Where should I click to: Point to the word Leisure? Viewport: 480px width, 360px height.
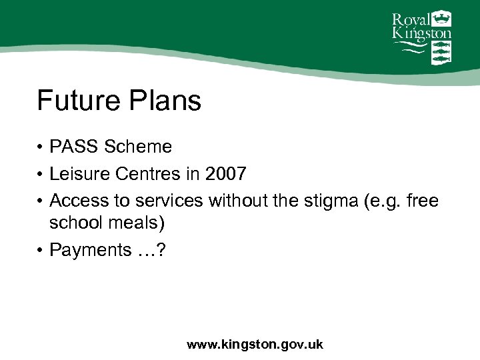80,174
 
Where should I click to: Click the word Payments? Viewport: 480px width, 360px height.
90,250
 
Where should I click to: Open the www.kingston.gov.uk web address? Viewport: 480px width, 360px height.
255,345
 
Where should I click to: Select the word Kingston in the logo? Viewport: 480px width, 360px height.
420,33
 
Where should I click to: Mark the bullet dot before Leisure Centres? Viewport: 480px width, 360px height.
41,175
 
